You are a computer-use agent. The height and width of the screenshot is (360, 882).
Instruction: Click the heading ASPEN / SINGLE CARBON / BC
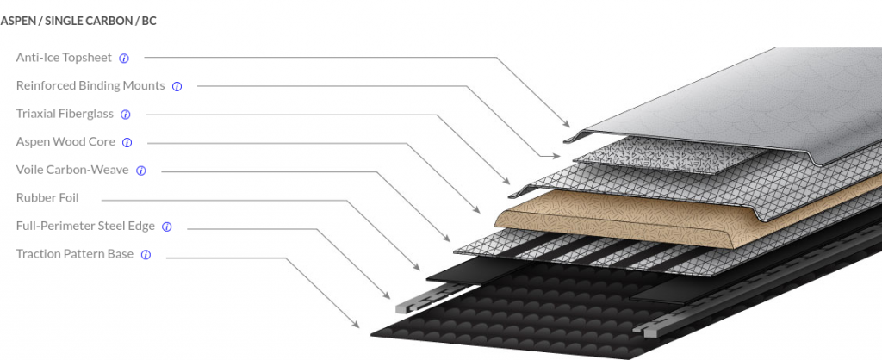78,22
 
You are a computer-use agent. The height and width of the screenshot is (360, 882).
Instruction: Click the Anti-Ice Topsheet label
64,58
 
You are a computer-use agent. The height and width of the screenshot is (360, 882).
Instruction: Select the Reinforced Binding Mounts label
90,85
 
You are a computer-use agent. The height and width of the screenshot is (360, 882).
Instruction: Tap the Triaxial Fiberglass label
65,114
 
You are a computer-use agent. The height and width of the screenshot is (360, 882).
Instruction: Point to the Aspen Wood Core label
65,142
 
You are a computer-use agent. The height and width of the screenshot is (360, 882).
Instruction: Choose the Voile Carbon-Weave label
72,170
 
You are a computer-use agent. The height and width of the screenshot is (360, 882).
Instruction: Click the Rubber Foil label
47,198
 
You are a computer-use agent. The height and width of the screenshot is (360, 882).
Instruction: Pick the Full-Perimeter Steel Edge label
85,227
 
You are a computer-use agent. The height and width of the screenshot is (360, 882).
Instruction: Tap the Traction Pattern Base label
75,254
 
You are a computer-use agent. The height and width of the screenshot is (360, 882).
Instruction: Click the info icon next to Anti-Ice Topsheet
124,59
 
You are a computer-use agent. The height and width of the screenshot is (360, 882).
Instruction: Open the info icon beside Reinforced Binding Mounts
177,87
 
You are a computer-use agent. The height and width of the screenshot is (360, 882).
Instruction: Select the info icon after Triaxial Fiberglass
126,115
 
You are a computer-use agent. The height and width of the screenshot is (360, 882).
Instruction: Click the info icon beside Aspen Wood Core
127,143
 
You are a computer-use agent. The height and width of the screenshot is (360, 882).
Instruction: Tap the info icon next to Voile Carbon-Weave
141,171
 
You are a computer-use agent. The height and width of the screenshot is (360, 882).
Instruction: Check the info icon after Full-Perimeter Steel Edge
166,227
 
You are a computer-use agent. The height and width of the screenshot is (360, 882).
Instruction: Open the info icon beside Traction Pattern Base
146,255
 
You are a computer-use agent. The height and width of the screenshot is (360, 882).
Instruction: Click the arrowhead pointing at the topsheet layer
567,124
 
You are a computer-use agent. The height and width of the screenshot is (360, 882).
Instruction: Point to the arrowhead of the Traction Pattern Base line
356,324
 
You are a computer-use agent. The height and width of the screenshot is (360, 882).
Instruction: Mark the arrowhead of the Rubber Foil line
416,267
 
